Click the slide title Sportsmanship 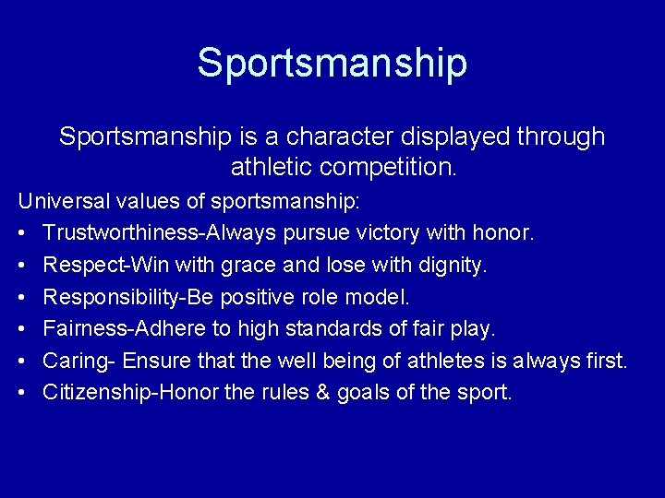click(x=332, y=64)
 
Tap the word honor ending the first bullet click(x=508, y=234)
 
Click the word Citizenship click(x=99, y=392)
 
